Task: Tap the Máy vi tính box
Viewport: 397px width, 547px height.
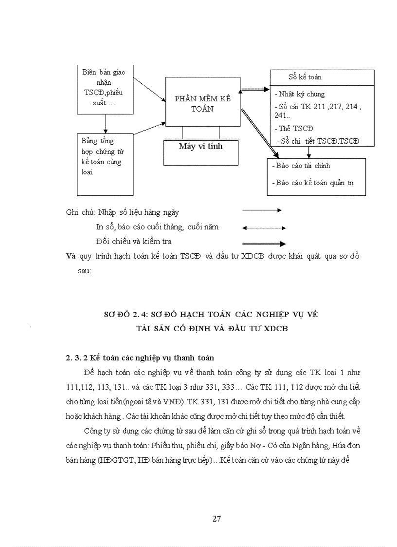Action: [x=201, y=146]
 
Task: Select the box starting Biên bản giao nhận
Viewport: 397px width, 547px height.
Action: [x=104, y=88]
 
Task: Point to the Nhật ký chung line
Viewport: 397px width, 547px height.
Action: [x=301, y=94]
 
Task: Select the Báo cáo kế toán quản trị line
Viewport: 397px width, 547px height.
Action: [x=314, y=183]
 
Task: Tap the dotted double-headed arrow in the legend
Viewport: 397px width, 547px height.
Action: [x=264, y=227]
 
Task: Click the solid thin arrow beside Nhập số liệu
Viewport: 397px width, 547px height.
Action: [x=262, y=210]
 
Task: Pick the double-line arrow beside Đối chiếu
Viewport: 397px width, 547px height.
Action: [x=264, y=244]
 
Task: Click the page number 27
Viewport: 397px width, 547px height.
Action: [x=217, y=518]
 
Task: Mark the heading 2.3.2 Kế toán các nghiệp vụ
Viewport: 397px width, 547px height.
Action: [x=140, y=358]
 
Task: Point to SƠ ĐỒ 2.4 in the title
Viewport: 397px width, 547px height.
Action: [x=125, y=315]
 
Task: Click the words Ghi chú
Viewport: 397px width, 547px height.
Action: [x=80, y=212]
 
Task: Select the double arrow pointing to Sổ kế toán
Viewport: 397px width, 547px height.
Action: [x=256, y=90]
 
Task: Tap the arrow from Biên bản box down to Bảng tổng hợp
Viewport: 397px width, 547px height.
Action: [x=105, y=124]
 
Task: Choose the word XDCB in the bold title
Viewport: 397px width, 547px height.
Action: [x=275, y=328]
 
